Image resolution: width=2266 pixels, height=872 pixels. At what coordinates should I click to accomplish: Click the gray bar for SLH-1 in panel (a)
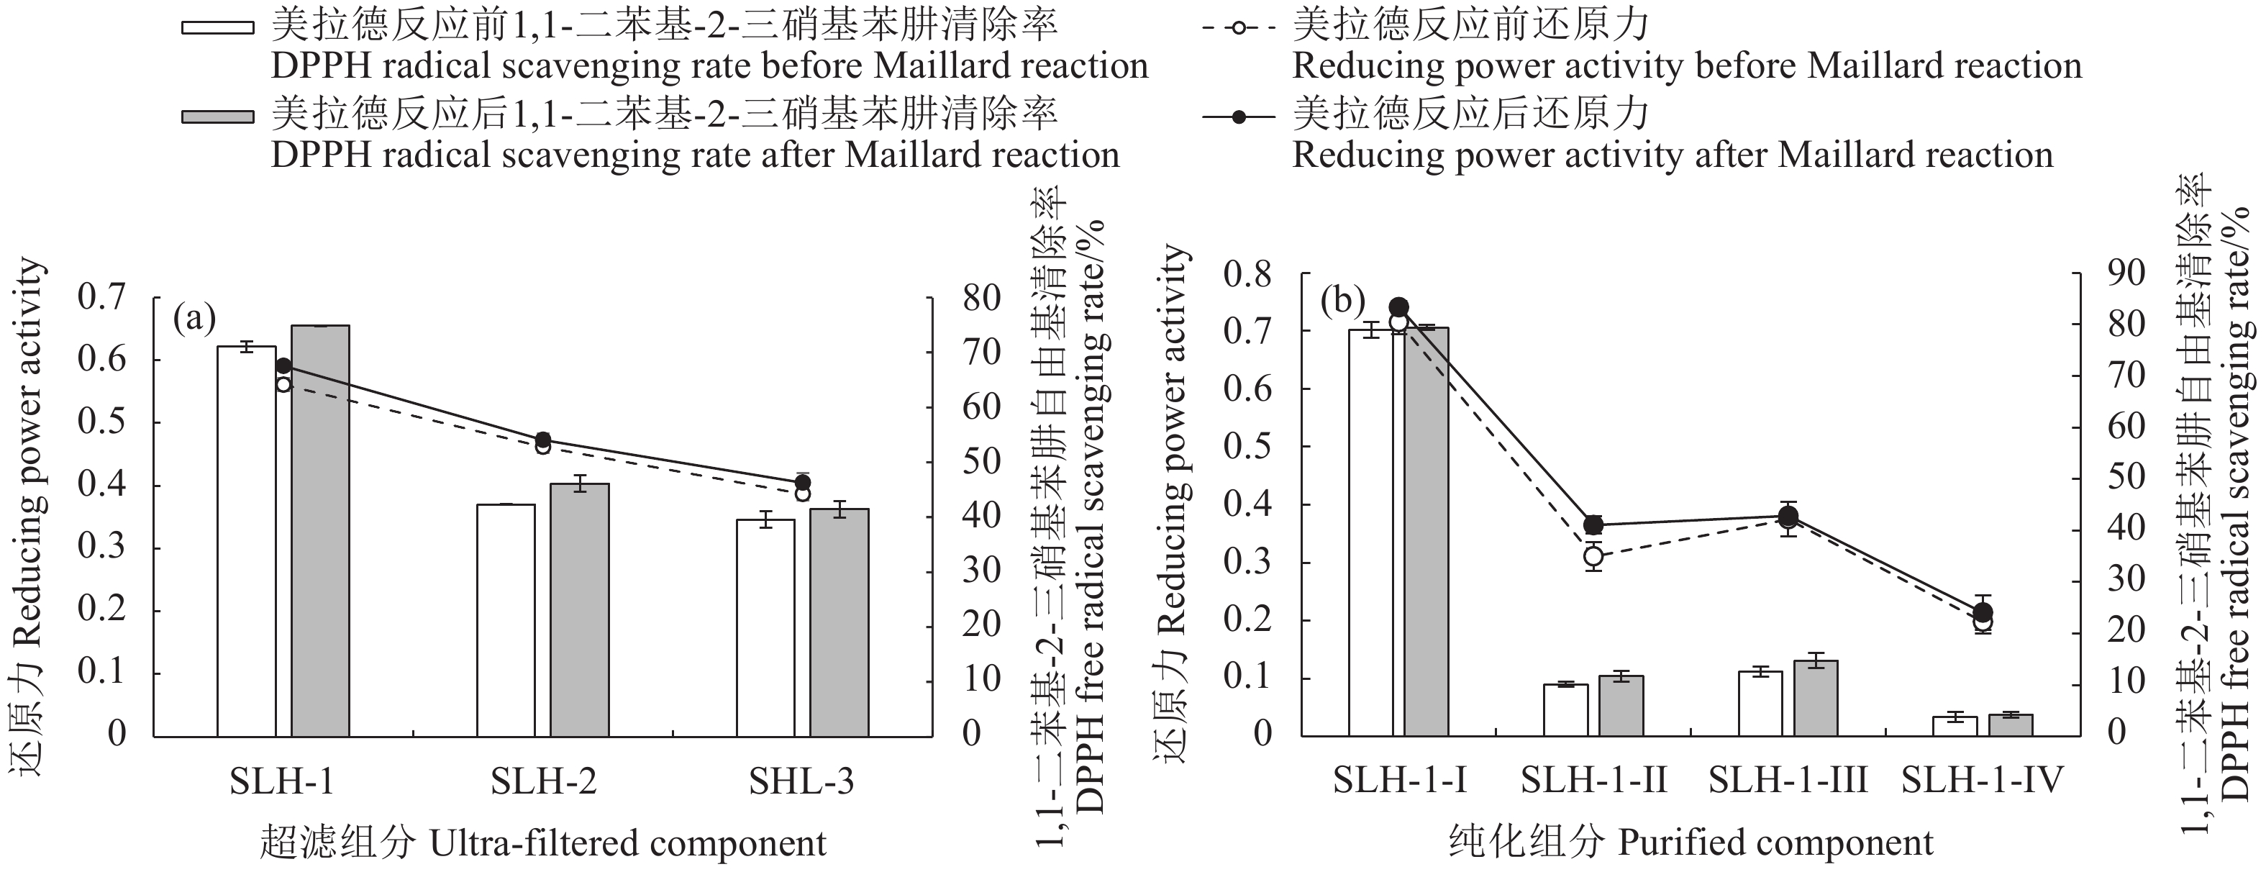pos(320,530)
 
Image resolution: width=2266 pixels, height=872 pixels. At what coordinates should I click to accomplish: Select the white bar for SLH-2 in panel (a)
pos(506,620)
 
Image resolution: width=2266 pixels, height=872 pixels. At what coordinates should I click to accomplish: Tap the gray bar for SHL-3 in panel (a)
pos(839,622)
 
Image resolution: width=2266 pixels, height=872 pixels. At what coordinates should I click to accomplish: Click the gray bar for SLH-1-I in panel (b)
pos(1426,532)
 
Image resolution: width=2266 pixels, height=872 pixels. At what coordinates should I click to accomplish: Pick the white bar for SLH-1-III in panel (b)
pos(1760,703)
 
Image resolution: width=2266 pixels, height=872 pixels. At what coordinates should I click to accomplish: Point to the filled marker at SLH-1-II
pos(1593,525)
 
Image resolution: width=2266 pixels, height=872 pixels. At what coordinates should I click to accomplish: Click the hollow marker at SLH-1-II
pos(1593,556)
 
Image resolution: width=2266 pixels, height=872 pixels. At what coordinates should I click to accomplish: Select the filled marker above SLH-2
pos(542,440)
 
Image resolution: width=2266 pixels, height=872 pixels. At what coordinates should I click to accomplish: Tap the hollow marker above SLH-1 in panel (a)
pos(283,384)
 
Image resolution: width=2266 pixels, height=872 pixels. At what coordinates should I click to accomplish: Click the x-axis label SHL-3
pos(801,781)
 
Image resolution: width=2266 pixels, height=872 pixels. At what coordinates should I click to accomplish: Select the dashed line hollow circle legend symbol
pos(1239,28)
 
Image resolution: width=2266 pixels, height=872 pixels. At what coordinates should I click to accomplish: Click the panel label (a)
pos(194,318)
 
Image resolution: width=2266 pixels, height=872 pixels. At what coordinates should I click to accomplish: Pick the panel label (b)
pos(1342,301)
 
